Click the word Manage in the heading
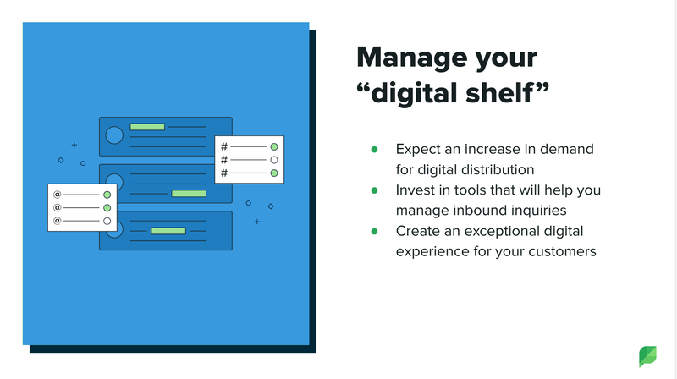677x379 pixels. click(x=412, y=58)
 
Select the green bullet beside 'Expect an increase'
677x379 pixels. click(x=374, y=150)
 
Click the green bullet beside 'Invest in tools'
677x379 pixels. click(x=374, y=190)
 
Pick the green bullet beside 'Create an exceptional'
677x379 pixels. click(x=374, y=231)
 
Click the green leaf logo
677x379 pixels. click(x=647, y=356)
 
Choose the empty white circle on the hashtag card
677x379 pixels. click(x=273, y=160)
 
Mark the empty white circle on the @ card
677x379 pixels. click(x=107, y=222)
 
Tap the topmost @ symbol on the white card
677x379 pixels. click(x=57, y=195)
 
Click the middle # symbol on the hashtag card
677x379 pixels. click(x=224, y=160)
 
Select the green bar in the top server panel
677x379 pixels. click(x=147, y=127)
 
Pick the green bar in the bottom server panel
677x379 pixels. click(x=168, y=231)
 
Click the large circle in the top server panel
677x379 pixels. click(x=114, y=135)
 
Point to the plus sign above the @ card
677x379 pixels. click(x=74, y=145)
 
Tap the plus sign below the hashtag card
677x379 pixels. click(x=257, y=222)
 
